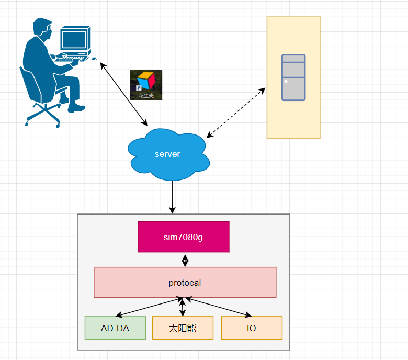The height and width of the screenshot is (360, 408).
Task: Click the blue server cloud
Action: [x=167, y=154]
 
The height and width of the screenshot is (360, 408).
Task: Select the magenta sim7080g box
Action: [x=183, y=237]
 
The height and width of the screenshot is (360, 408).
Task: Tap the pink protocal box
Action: [x=185, y=283]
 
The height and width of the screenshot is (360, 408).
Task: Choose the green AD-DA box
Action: [x=115, y=328]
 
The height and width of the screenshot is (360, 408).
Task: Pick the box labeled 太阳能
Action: [x=183, y=328]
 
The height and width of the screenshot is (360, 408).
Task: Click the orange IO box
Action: [x=252, y=328]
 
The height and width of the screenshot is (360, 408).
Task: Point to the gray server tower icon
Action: [x=293, y=77]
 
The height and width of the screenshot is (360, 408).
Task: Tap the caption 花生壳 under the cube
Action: [x=146, y=96]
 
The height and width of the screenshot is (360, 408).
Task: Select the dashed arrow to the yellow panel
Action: [x=236, y=113]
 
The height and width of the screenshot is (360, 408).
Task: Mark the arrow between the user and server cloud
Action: [x=123, y=94]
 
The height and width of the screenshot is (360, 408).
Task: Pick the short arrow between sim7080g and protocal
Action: [x=185, y=260]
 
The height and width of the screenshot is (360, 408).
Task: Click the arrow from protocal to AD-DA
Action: [x=149, y=307]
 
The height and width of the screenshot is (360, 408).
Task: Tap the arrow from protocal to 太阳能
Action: [x=182, y=307]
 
